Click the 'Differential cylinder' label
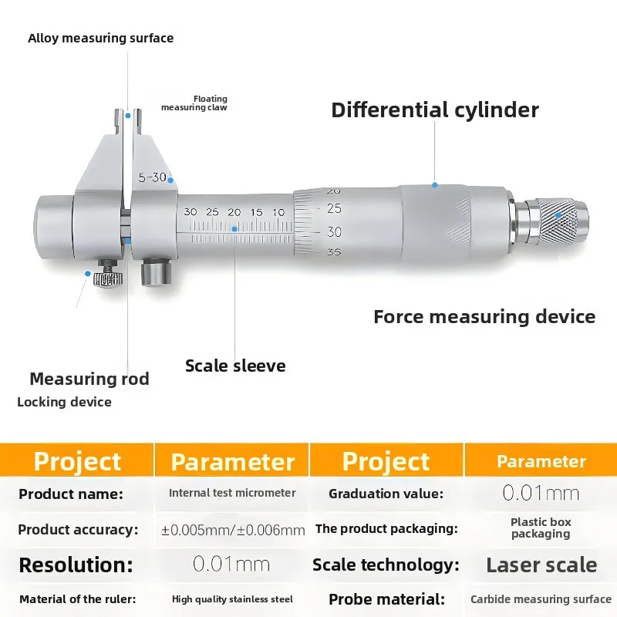pos(435,110)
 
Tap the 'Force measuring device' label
pos(484,317)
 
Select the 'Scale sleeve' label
pos(235,366)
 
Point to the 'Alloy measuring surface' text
pos(101,38)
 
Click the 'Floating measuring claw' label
pos(194,103)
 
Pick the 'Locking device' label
pos(64,402)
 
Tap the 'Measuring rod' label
pos(89,379)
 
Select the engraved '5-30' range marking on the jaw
pos(153,177)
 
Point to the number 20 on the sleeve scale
pos(234,213)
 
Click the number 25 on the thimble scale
pos(335,208)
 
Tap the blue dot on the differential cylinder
pos(435,185)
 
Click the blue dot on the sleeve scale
pos(234,229)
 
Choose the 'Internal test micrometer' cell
pos(232,493)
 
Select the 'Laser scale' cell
pos(541,565)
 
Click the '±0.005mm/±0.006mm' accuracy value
pos(233,530)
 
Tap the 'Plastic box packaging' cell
pos(541,528)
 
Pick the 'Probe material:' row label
pos(387,599)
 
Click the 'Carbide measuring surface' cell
pos(541,599)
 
